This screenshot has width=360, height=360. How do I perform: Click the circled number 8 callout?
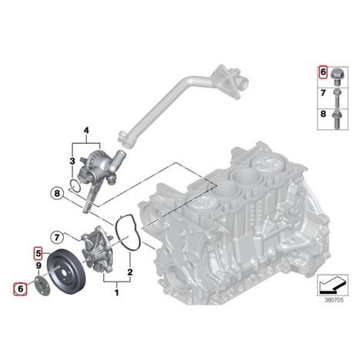(57, 193)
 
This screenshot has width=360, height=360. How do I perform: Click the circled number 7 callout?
(57, 238)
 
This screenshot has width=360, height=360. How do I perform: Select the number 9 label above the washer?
(38, 265)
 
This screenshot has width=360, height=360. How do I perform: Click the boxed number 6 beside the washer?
(20, 288)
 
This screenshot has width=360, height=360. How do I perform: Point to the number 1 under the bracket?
(117, 292)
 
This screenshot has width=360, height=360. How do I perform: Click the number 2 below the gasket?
(130, 272)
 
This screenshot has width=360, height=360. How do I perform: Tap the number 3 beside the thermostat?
(72, 162)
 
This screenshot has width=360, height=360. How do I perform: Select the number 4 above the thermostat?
(86, 131)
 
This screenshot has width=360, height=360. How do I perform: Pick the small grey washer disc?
(42, 286)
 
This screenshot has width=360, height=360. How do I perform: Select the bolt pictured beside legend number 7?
(336, 98)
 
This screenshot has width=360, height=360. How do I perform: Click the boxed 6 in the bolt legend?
(323, 72)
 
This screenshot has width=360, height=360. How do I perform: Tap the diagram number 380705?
(334, 300)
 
